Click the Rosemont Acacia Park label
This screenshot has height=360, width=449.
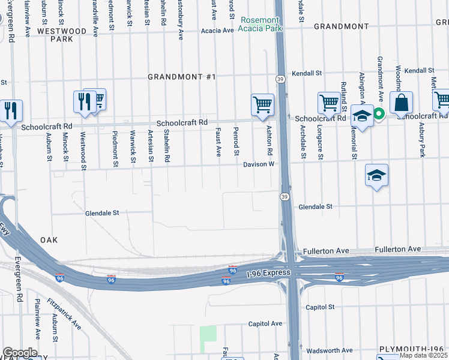260,23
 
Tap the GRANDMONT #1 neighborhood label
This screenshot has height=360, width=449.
182,77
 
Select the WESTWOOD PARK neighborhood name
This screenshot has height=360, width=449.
62,34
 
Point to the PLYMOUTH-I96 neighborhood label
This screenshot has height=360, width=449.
414,349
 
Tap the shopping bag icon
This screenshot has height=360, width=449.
401,103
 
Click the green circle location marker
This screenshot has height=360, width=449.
379,113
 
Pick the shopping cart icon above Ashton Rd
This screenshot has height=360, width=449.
262,105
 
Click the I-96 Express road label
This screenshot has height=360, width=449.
269,273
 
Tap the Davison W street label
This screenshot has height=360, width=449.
259,164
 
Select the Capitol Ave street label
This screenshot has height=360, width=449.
265,323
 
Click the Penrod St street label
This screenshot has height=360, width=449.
236,140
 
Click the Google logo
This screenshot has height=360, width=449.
20,353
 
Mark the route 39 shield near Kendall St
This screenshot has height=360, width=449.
280,79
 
